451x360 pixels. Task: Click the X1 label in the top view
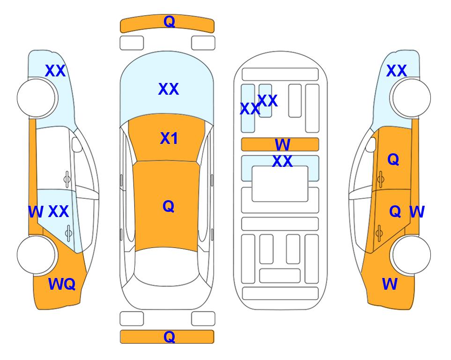(169, 138)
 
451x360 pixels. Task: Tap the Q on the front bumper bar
(169, 21)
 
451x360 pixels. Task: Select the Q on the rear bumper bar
(169, 337)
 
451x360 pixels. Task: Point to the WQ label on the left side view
(62, 284)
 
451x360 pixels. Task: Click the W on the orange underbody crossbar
(282, 144)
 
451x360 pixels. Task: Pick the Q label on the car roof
(168, 206)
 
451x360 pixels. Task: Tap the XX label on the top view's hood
(169, 89)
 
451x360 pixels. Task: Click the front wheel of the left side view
(37, 98)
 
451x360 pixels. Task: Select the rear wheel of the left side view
(37, 255)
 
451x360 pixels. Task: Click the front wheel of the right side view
(411, 98)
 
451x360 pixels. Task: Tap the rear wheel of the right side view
(411, 255)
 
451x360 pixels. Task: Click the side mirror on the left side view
(77, 144)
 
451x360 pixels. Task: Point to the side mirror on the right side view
(371, 144)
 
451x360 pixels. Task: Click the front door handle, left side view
(67, 179)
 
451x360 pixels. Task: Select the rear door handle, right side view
(379, 233)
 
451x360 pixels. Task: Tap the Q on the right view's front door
(393, 159)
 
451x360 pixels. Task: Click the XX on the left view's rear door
(59, 211)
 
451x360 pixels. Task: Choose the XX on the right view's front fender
(397, 71)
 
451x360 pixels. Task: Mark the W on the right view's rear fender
(390, 284)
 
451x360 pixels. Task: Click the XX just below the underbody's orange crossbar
(282, 161)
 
